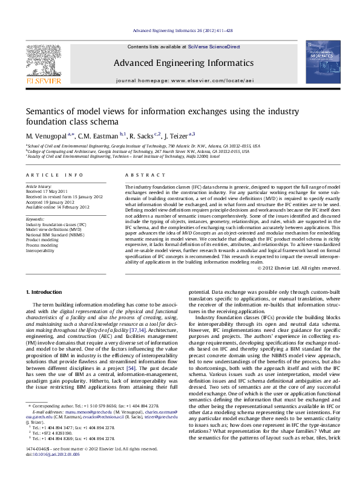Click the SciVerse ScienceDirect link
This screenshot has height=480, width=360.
pos(214,47)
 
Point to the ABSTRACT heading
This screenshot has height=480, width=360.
pos(140,175)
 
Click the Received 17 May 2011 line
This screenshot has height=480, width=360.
pos(48,192)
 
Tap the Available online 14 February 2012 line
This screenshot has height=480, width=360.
pos(57,206)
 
